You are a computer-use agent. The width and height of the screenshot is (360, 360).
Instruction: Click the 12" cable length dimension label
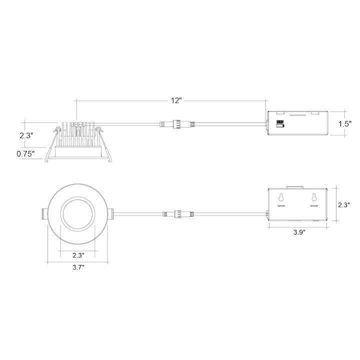175,100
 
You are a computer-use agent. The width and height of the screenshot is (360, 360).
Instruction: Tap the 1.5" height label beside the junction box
345,123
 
